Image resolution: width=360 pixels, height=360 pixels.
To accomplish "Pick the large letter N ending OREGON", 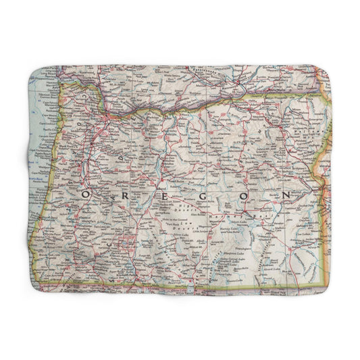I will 288,195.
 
